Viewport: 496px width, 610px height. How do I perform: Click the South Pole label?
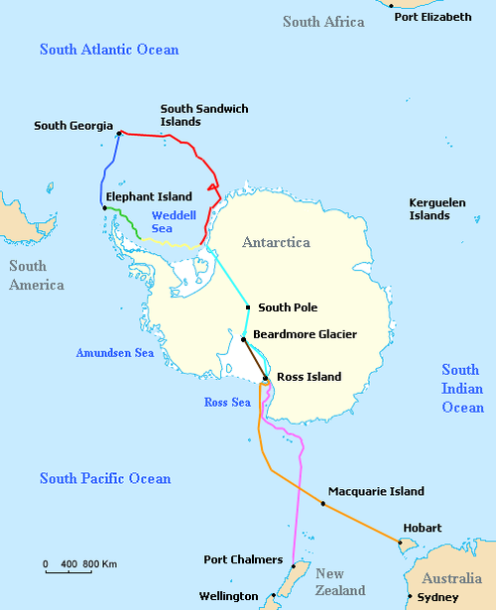[x=288, y=307]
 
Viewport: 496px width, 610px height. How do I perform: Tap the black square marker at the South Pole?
[x=248, y=307]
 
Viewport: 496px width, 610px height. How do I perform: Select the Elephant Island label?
[x=149, y=196]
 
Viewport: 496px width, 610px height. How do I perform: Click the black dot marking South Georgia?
[x=119, y=133]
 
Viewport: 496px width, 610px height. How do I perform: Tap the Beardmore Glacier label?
[x=306, y=334]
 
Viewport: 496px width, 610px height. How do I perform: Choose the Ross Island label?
[x=309, y=377]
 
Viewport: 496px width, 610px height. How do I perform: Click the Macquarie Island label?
[x=375, y=491]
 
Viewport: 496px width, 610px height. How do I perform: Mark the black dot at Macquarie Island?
[x=323, y=504]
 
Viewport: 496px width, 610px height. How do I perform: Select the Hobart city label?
[x=422, y=528]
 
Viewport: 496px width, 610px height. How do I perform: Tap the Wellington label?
[x=231, y=597]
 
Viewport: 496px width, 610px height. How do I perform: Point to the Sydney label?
[x=437, y=597]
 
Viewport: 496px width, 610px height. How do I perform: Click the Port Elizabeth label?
[x=433, y=17]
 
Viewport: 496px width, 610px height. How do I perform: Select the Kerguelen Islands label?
[x=436, y=208]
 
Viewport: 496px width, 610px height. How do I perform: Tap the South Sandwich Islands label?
[x=204, y=115]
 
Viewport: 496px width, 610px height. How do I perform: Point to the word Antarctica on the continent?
[x=276, y=242]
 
